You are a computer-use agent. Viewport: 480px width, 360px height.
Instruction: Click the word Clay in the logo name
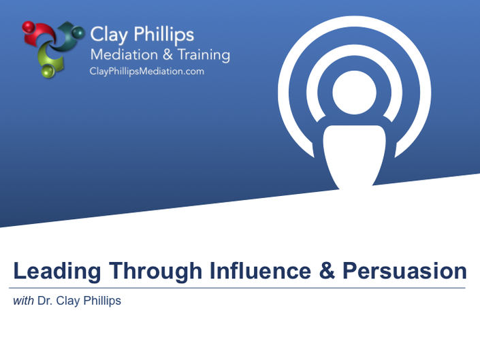coord(109,35)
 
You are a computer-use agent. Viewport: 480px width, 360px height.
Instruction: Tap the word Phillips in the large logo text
coord(164,34)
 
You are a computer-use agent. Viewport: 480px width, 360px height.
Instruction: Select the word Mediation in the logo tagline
coord(124,54)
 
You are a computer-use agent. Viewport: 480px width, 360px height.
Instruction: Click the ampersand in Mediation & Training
coord(167,54)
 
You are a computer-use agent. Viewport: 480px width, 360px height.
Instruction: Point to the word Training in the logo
coord(204,55)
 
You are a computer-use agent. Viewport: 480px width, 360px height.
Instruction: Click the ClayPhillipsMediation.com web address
coord(147,71)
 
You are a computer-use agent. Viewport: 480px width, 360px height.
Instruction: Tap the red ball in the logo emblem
coord(29,27)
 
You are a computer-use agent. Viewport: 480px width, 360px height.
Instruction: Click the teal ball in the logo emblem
coord(78,32)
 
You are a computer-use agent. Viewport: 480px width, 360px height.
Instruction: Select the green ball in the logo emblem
coord(48,71)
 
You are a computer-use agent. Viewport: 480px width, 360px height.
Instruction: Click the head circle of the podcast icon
coord(354,93)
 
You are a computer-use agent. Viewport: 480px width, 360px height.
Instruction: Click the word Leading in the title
coord(57,271)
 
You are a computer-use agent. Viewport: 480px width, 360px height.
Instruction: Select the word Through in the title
coord(155,271)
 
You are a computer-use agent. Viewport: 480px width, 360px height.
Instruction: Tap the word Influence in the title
coord(261,270)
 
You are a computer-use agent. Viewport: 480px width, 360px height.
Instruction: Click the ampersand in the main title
coord(327,270)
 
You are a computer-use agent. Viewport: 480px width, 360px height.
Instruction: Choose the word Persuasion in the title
coord(404,271)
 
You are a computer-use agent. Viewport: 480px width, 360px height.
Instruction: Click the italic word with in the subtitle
coord(23,301)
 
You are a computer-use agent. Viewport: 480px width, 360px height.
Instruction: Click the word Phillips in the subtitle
coord(102,301)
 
